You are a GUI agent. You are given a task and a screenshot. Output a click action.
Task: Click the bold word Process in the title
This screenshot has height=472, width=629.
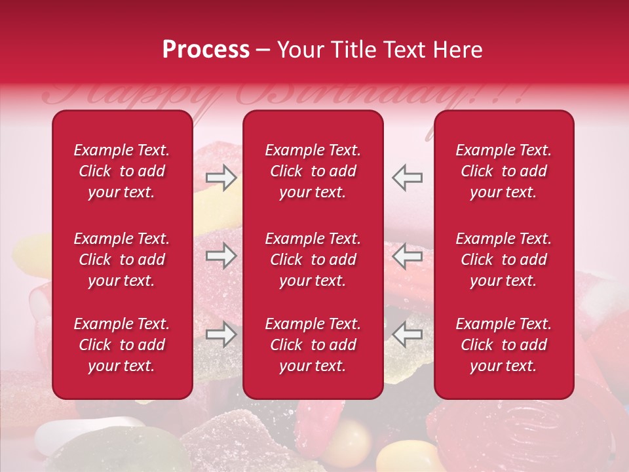pyautogui.click(x=206, y=50)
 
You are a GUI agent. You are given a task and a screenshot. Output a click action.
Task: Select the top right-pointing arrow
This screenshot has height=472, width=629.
pyautogui.click(x=221, y=177)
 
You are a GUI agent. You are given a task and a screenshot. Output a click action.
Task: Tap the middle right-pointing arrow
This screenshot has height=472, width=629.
pyautogui.click(x=221, y=256)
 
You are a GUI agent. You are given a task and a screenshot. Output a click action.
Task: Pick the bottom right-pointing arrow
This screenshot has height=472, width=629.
pyautogui.click(x=221, y=335)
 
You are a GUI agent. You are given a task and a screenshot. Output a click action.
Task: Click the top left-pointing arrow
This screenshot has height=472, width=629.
pyautogui.click(x=407, y=177)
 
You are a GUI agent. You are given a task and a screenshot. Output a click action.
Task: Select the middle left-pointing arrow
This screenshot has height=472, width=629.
pyautogui.click(x=407, y=256)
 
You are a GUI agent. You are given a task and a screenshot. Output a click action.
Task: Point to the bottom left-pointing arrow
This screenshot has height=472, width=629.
pyautogui.click(x=407, y=335)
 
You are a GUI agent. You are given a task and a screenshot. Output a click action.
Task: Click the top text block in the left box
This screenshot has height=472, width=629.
pyautogui.click(x=122, y=171)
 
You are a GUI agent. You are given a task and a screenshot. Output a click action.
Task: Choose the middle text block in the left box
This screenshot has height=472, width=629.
pyautogui.click(x=122, y=260)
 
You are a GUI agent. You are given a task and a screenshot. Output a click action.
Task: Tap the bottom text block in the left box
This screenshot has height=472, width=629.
pyautogui.click(x=122, y=345)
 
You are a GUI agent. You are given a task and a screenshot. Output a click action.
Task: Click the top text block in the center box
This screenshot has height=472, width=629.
pyautogui.click(x=313, y=171)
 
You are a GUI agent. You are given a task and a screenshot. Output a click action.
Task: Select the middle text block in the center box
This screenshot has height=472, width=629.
pyautogui.click(x=313, y=260)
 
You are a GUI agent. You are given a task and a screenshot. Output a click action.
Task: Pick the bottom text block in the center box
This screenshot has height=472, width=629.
pyautogui.click(x=313, y=345)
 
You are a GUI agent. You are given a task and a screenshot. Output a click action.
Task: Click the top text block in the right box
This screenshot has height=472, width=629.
pyautogui.click(x=503, y=171)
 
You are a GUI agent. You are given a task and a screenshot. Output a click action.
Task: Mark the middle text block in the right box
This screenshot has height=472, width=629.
pyautogui.click(x=503, y=260)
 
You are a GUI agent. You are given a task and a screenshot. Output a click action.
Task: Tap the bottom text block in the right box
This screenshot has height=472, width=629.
pyautogui.click(x=503, y=345)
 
